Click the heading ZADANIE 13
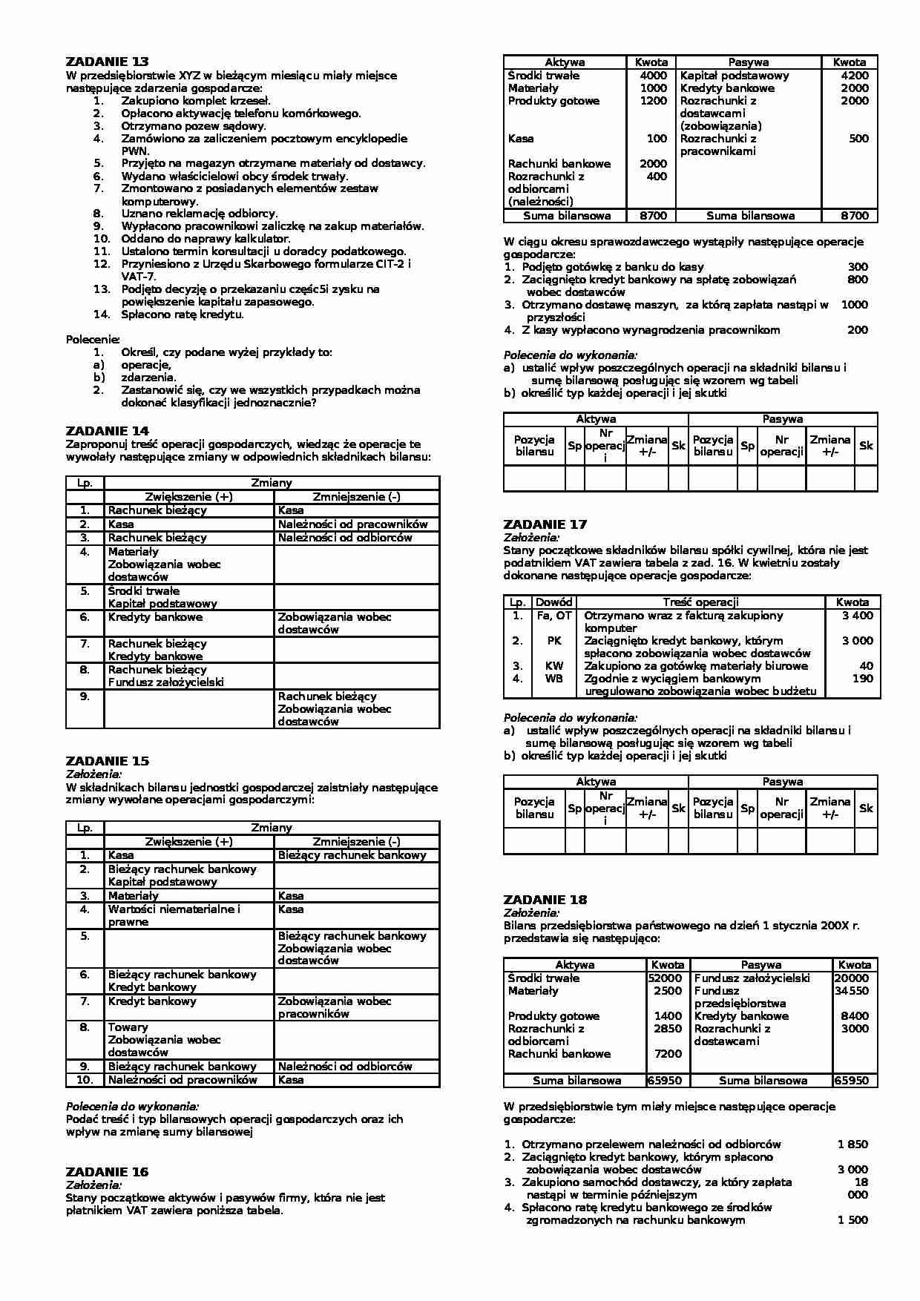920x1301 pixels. pos(107,62)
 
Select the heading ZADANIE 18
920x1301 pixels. pos(545,900)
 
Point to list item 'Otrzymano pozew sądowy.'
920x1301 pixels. pos(193,126)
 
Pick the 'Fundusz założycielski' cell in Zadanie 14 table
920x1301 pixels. pos(165,682)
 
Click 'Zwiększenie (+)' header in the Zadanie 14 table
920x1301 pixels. pos(188,497)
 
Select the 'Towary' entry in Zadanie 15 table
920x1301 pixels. pos(128,1027)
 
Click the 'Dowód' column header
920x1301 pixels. pos(553,602)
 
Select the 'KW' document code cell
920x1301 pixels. pos(553,666)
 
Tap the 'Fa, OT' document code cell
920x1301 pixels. pos(553,616)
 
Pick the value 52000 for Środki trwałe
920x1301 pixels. pos(665,978)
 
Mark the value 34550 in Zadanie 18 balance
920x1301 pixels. pos(851,991)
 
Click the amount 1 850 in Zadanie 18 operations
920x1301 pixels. pos(852,1144)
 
